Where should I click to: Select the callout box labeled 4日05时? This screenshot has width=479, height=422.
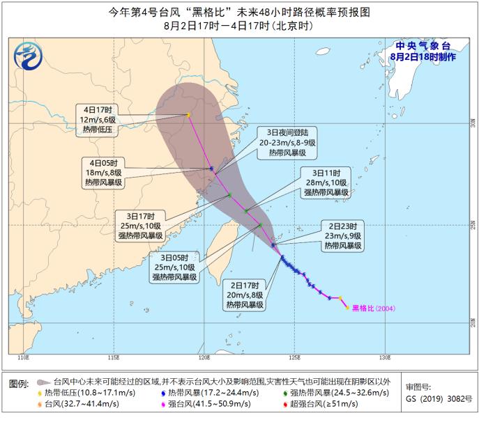tap(104, 172)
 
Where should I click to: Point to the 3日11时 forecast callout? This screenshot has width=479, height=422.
tap(325, 182)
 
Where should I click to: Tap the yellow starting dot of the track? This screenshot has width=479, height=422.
tap(347, 307)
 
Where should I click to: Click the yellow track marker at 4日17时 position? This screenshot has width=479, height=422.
tap(188, 115)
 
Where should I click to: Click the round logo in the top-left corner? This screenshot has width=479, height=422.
tap(29, 55)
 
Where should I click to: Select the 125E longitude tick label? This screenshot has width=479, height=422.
tap(294, 357)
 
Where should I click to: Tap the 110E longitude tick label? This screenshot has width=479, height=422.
tap(22, 357)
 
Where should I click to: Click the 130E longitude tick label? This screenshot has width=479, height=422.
tap(383, 357)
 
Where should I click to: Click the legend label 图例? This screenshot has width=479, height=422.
tap(18, 384)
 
